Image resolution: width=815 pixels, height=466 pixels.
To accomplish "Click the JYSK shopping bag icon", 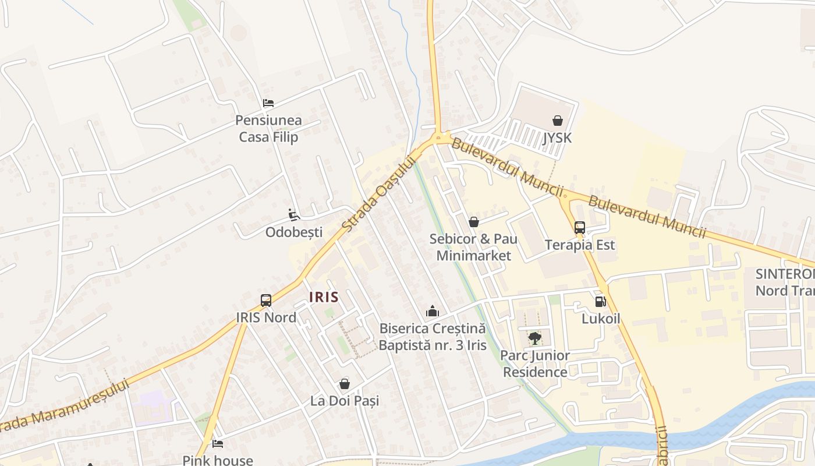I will (558, 121).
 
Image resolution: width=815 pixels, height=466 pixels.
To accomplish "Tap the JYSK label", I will (557, 138).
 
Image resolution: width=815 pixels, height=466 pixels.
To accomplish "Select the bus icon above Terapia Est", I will (579, 228).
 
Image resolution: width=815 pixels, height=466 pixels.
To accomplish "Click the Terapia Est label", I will (580, 245).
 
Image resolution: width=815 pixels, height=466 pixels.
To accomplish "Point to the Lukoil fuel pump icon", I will (600, 302).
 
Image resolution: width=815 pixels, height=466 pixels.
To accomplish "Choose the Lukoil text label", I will (601, 319).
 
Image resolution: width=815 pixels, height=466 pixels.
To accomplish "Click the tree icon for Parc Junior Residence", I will (534, 338).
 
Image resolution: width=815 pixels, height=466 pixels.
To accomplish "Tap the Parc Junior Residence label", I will (535, 363).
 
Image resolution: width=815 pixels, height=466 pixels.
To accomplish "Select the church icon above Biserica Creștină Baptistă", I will (432, 311).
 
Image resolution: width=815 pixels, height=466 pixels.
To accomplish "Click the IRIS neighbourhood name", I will (324, 297).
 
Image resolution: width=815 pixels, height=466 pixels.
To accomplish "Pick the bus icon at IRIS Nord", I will (266, 301).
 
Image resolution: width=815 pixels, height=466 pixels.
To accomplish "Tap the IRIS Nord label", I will (266, 317).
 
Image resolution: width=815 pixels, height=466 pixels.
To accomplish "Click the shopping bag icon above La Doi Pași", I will (345, 384).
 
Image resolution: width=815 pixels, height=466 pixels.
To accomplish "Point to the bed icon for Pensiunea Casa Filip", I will (268, 103).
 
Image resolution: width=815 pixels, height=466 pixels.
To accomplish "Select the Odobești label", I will (294, 232).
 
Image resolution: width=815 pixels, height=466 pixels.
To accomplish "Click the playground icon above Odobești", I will (294, 215).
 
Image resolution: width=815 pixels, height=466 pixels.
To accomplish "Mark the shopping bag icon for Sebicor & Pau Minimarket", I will (473, 222).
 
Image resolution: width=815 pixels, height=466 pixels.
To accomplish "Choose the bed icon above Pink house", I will (218, 444).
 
